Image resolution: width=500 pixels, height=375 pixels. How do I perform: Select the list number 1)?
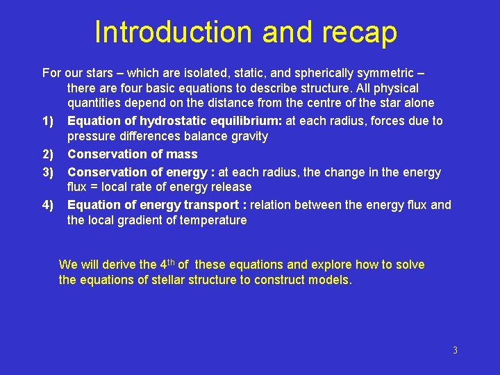(x=48, y=122)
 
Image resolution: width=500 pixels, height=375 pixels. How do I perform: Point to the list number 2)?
(x=48, y=154)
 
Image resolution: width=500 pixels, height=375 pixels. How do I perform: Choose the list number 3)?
(x=48, y=172)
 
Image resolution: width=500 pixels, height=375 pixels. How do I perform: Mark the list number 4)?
(x=48, y=205)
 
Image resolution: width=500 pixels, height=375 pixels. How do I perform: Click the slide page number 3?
(x=455, y=350)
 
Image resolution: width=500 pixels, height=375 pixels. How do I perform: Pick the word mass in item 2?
(x=183, y=154)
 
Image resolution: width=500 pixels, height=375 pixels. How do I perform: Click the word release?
(x=231, y=187)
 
